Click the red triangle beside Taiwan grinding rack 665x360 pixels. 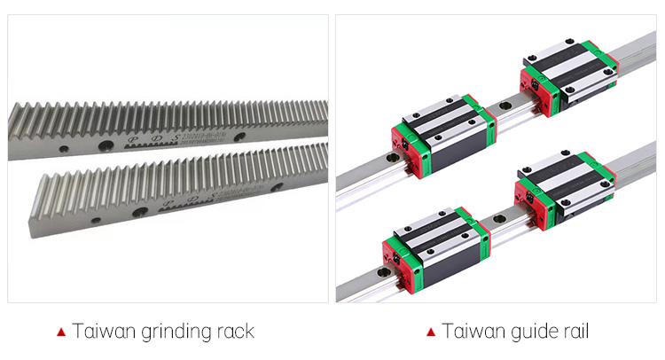tap(61, 333)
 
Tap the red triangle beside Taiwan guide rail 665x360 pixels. tap(431, 333)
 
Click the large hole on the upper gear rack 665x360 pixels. tap(104, 145)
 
